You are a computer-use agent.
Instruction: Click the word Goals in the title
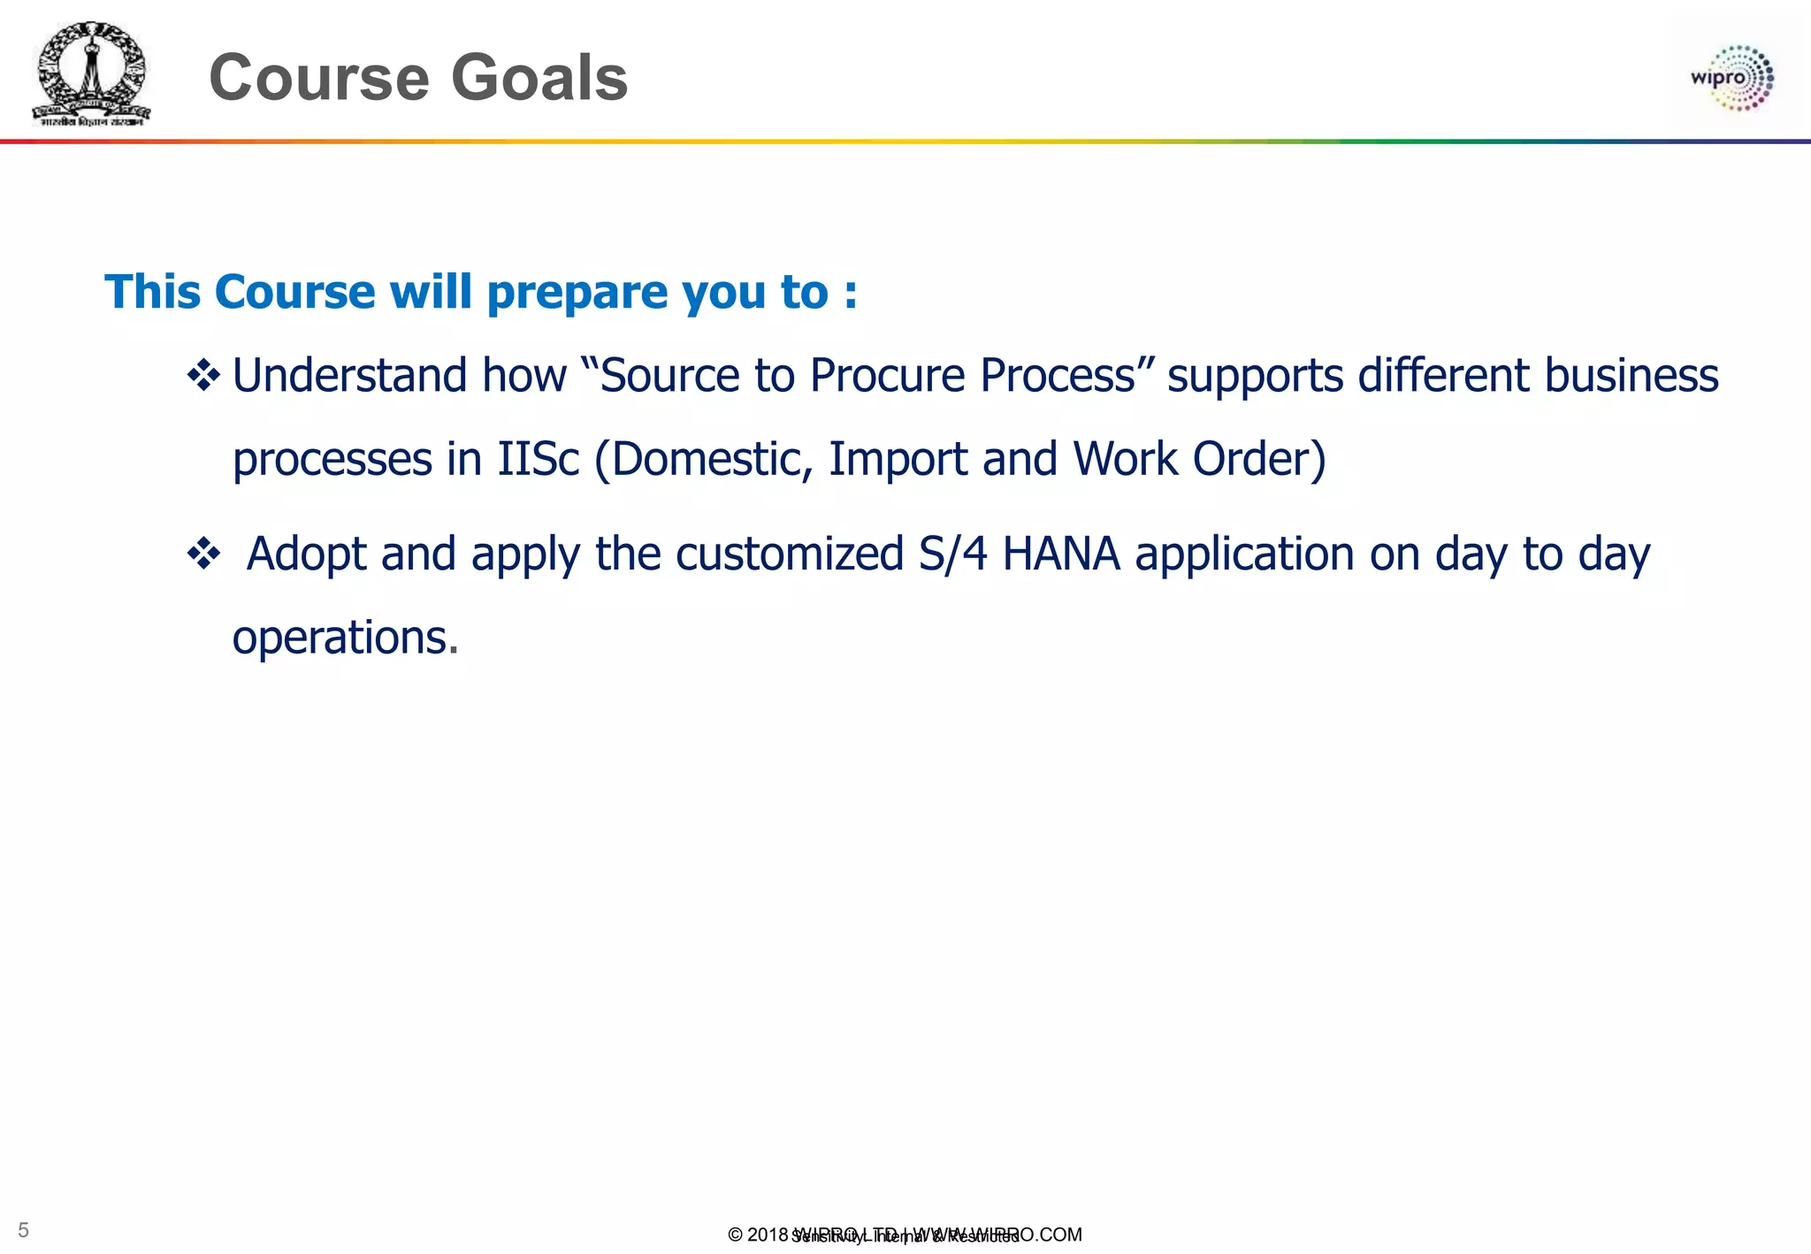point(539,78)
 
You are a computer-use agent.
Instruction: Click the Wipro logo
point(1731,78)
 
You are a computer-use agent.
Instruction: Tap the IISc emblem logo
point(91,74)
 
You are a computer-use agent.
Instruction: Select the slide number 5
point(24,1230)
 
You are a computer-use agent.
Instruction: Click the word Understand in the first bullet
point(349,375)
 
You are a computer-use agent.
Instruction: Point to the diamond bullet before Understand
point(203,376)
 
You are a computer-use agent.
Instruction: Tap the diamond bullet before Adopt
point(203,555)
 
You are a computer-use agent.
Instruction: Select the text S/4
point(952,554)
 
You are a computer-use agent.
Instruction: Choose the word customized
point(789,554)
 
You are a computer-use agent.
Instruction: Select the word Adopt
point(306,554)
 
